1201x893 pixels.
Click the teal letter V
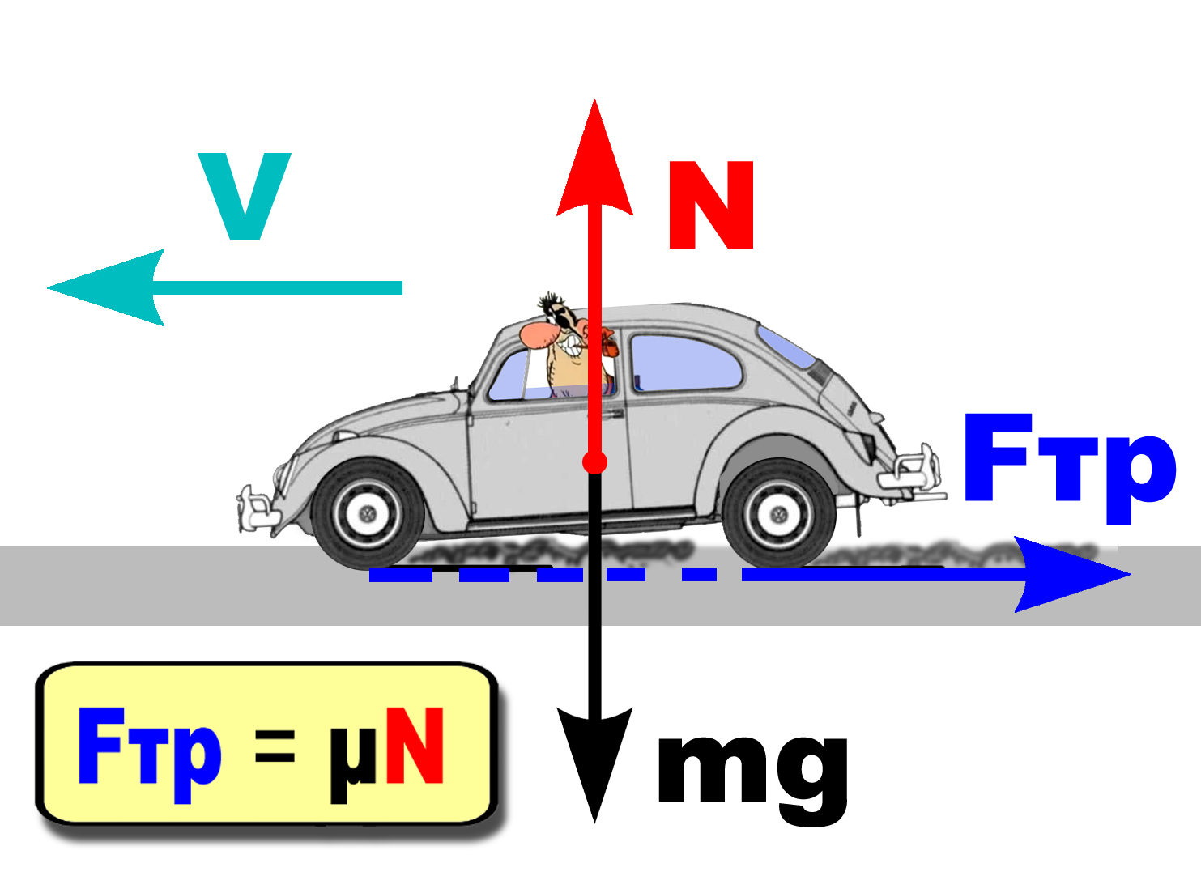(x=244, y=197)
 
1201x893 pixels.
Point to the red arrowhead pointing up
(x=594, y=162)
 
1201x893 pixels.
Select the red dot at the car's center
(x=594, y=462)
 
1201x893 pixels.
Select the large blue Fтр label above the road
(x=1069, y=461)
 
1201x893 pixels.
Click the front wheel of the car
(x=368, y=513)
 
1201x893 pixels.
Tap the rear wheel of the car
(x=778, y=513)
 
